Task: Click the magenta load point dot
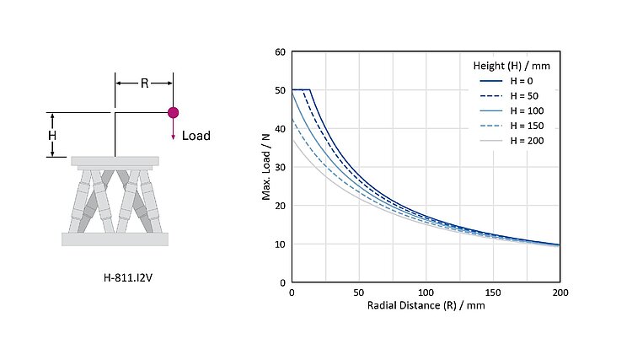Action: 174,112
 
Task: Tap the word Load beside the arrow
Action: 196,135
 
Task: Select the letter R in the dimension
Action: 144,83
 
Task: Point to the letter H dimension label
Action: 51,135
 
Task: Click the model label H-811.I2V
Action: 115,275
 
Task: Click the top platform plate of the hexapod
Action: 115,160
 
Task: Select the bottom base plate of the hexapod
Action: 115,239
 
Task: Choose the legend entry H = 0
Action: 519,81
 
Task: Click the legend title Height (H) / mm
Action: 511,65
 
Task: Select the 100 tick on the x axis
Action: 426,293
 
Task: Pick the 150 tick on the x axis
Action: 493,293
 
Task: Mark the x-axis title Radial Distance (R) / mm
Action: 426,305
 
